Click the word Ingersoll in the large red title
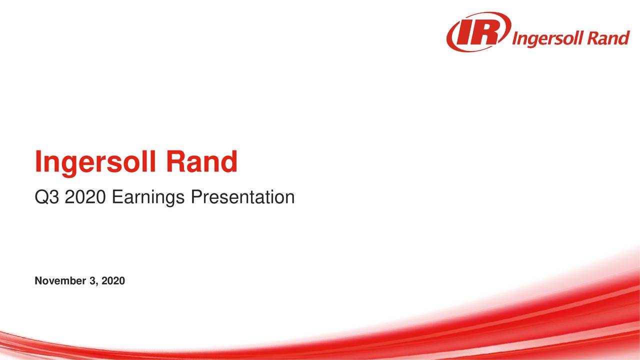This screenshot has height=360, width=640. click(95, 163)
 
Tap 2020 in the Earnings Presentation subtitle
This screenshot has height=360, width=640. click(85, 197)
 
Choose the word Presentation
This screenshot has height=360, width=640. click(242, 197)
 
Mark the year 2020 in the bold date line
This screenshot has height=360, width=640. click(112, 281)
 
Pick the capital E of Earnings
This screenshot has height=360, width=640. click(116, 197)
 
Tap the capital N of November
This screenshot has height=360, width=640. click(38, 281)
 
